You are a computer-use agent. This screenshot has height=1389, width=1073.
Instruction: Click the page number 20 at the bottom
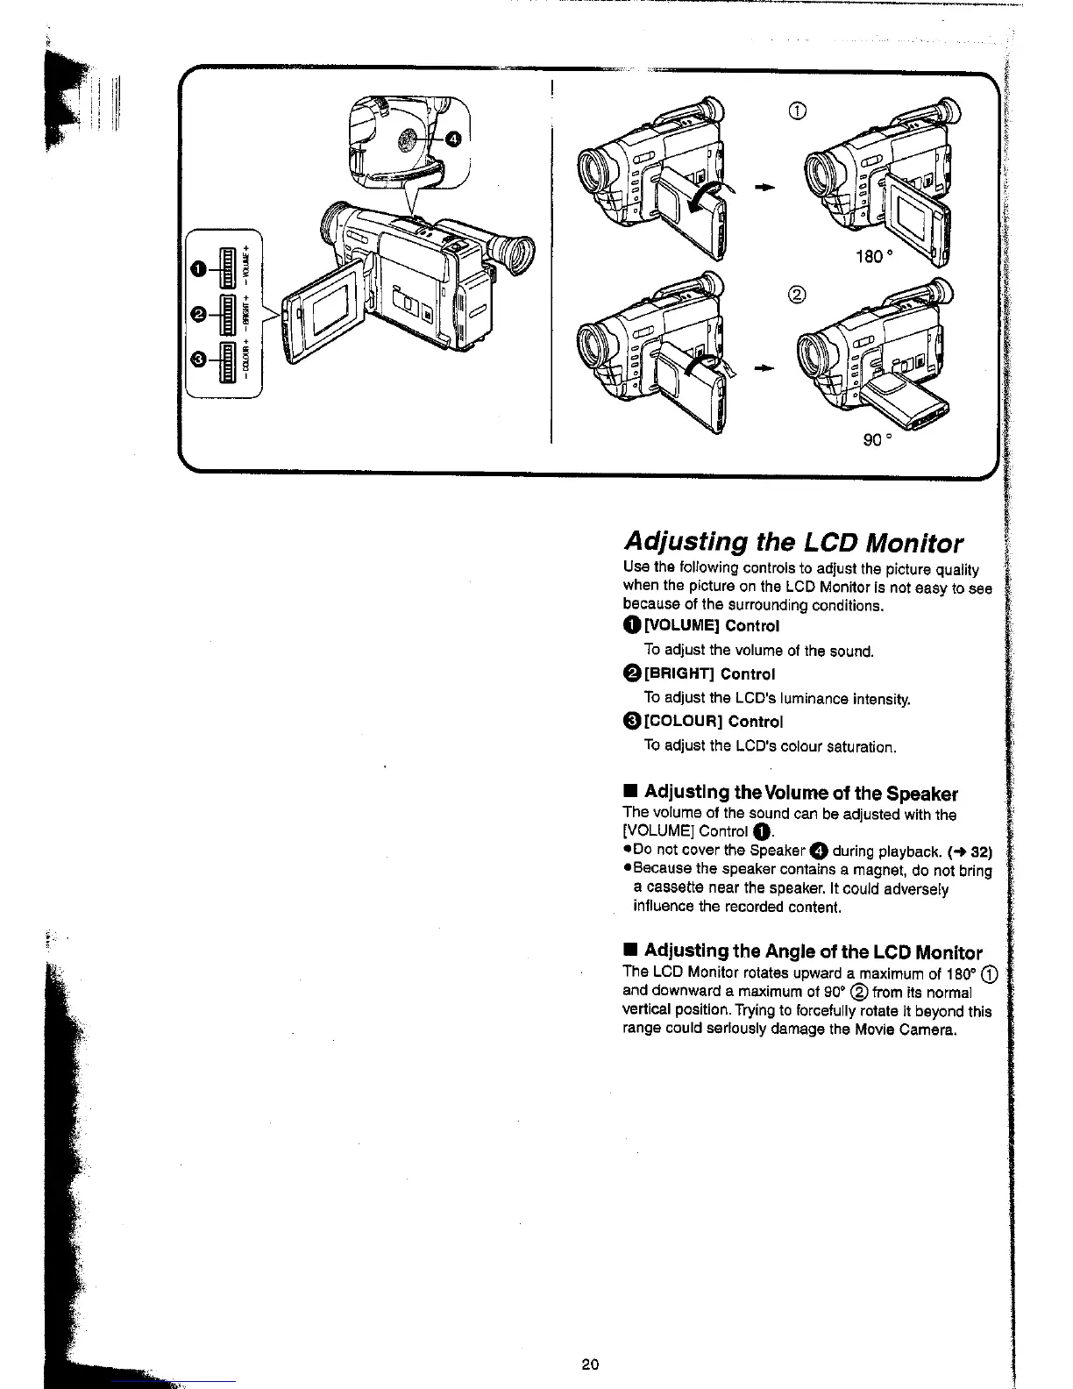[x=589, y=1364]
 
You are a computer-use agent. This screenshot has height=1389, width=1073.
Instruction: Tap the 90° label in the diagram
[x=877, y=439]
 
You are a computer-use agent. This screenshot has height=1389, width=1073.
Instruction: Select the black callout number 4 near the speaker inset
[x=452, y=139]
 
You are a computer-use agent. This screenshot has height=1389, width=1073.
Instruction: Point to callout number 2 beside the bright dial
[x=201, y=314]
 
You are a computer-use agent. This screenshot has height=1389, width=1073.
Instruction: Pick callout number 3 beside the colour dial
[x=201, y=359]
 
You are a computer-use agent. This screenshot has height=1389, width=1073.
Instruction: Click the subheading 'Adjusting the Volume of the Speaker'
[x=800, y=794]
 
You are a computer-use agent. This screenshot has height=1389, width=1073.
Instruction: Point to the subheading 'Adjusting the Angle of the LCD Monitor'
[x=813, y=951]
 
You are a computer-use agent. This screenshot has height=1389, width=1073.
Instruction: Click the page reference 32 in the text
[x=981, y=850]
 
